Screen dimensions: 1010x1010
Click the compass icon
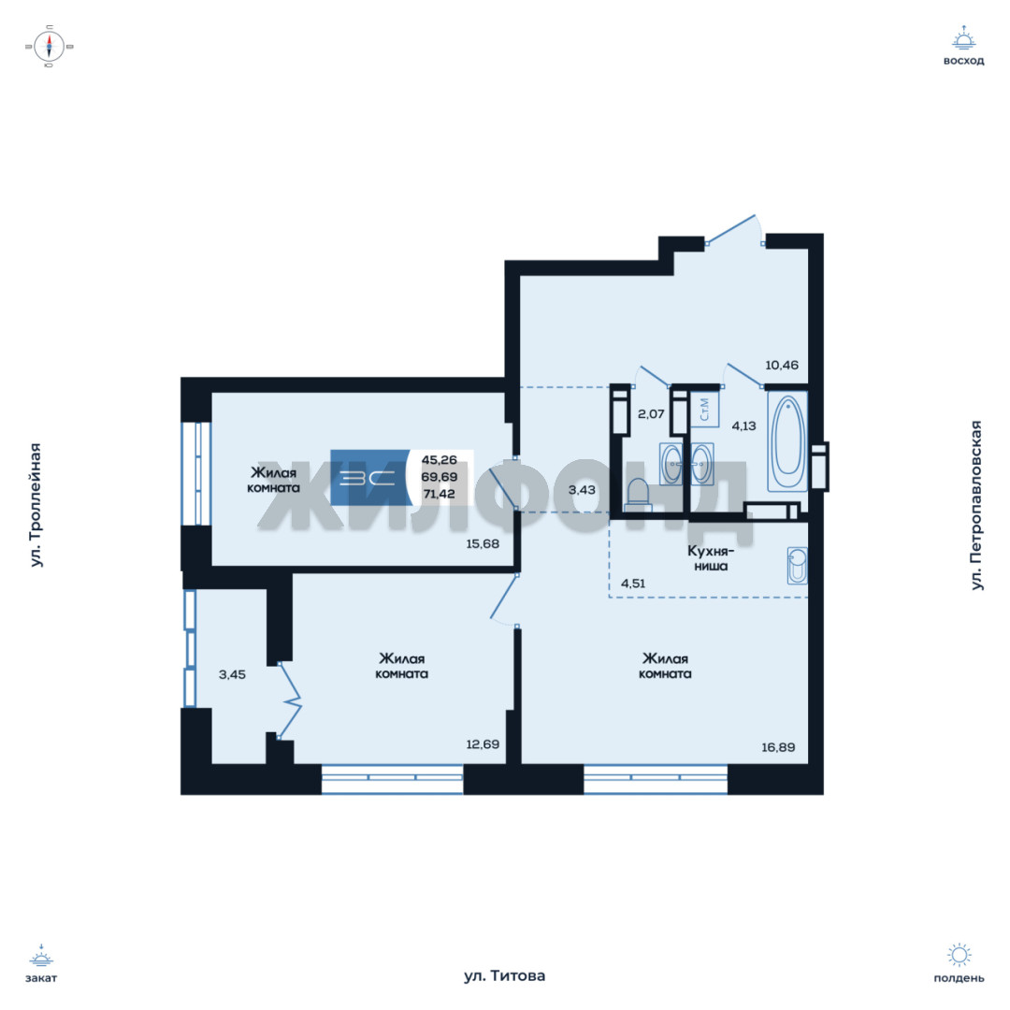tap(50, 47)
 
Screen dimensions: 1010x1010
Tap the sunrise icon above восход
tap(963, 39)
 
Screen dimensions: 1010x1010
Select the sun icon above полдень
tap(959, 955)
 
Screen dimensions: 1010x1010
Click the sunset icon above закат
tap(41, 956)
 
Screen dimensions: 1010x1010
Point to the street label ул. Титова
tap(504, 975)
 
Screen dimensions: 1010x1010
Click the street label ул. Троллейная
tap(36, 505)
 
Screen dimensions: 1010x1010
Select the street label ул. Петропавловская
tap(976, 505)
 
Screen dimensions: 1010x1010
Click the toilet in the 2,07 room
tap(639, 495)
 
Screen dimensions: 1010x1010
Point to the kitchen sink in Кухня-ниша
tap(798, 566)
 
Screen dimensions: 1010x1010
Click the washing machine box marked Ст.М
tap(705, 409)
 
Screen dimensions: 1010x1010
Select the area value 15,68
tap(483, 543)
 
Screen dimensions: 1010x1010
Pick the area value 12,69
tap(483, 744)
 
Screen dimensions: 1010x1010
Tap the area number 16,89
tap(778, 747)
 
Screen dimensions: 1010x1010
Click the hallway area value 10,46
tap(781, 366)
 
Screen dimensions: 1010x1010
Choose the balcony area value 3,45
tap(232, 674)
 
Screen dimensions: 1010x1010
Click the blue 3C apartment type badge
tap(369, 477)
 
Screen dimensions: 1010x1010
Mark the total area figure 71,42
tap(440, 494)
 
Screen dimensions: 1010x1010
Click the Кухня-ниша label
tap(711, 558)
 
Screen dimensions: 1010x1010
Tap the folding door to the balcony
tap(290, 700)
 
